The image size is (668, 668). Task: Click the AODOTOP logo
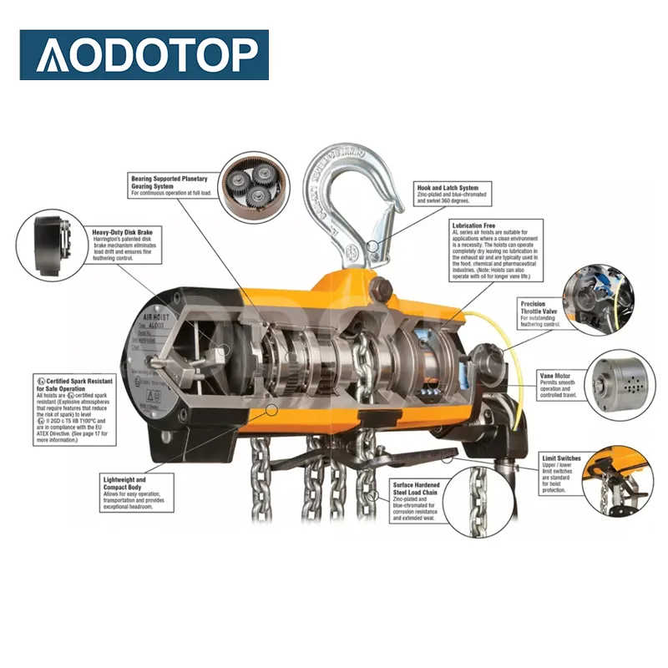[144, 54]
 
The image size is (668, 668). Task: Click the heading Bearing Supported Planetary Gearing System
[170, 181]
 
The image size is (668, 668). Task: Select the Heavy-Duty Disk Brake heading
[122, 230]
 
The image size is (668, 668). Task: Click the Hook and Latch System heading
[448, 188]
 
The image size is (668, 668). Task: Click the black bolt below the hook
[382, 289]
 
